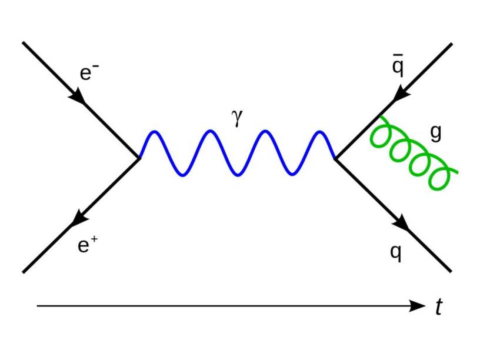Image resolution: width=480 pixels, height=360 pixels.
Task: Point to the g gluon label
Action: [435, 134]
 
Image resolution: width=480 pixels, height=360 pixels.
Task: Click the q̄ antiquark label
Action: [398, 68]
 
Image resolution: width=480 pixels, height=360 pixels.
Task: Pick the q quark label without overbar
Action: [396, 253]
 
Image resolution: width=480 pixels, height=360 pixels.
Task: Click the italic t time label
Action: [438, 306]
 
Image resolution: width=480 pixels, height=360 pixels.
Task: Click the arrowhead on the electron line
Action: [78, 96]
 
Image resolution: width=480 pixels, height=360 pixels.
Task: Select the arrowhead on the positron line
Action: [78, 219]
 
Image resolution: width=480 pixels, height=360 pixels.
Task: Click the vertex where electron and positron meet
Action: [139, 158]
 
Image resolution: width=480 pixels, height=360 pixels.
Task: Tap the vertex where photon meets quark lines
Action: [335, 158]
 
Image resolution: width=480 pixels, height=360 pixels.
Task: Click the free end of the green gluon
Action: [456, 172]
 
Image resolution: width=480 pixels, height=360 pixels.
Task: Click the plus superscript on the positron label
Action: [94, 238]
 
